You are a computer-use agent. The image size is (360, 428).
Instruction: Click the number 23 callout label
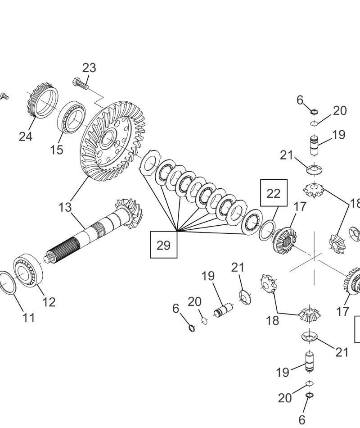[89, 68]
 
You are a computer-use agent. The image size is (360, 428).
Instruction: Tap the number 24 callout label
[26, 136]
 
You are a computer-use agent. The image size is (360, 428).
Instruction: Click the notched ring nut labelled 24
[40, 102]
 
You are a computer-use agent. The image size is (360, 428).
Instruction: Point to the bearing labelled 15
[71, 117]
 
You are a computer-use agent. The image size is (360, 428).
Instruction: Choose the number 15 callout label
[57, 150]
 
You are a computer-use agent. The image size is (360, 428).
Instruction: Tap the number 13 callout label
[65, 207]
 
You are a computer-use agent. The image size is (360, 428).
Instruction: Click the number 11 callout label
[28, 318]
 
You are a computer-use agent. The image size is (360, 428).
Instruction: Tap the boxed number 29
[164, 245]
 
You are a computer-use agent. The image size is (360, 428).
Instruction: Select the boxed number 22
[273, 193]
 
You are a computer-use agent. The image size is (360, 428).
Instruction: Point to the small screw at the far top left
[5, 96]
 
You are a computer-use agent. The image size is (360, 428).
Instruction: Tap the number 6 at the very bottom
[302, 419]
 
